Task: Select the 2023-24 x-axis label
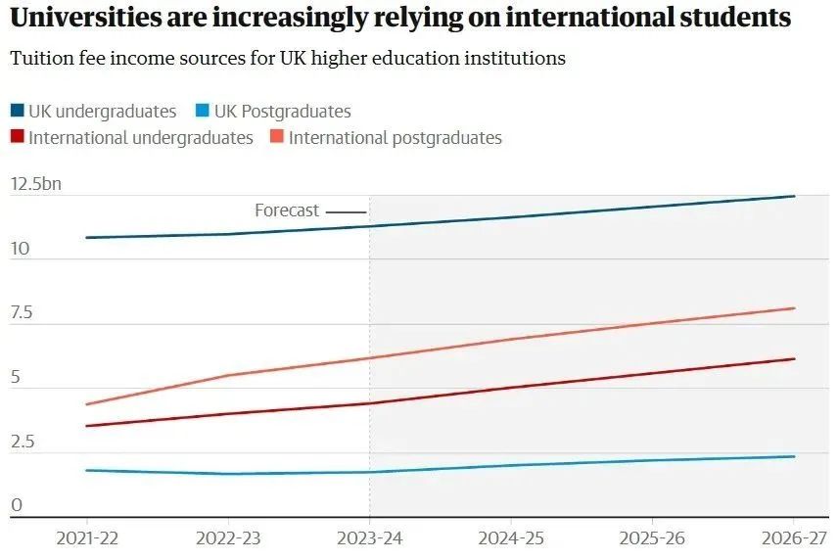[369, 538]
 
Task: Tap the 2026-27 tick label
[793, 538]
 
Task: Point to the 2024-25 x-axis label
[511, 538]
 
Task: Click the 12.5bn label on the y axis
[35, 185]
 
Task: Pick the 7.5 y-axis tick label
[22, 313]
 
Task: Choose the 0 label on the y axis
[16, 506]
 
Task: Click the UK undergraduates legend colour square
[18, 112]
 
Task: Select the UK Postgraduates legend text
[282, 112]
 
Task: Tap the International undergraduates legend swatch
[18, 138]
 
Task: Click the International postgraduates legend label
[395, 138]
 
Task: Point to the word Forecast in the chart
[287, 210]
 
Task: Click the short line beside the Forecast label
[346, 211]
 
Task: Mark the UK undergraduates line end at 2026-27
[794, 196]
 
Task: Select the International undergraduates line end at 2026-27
[794, 359]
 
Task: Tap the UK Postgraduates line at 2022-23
[228, 474]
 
